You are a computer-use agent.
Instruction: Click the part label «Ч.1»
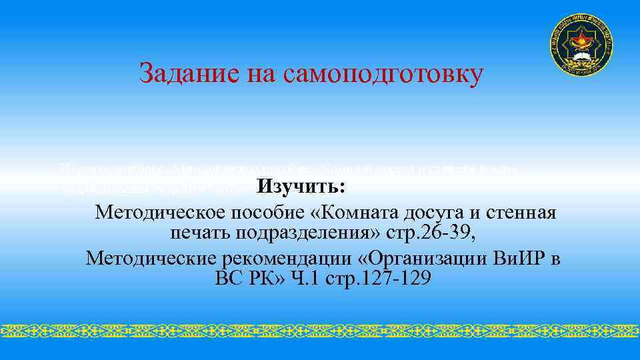[x=305, y=277]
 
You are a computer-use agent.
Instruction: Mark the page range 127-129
[x=394, y=277]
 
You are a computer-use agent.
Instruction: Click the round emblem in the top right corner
[x=581, y=45]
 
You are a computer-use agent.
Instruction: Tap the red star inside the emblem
[x=581, y=41]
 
